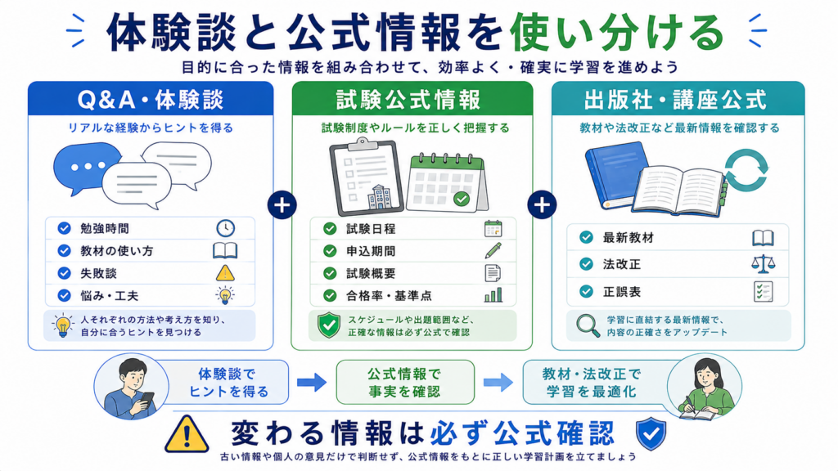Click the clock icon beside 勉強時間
(226, 228)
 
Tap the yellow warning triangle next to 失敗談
(225, 273)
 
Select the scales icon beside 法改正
(763, 264)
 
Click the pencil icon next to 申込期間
(493, 250)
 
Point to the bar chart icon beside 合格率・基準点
(493, 294)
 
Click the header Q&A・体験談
(151, 100)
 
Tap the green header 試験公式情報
(409, 100)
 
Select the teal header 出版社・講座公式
(675, 100)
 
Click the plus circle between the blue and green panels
(282, 204)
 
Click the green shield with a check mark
(329, 325)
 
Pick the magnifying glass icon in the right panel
(588, 325)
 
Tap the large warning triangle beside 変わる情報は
(187, 434)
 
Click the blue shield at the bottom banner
(651, 434)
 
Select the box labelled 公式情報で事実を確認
(405, 382)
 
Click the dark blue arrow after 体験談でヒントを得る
(312, 382)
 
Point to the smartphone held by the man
(146, 399)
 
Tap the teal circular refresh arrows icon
(746, 170)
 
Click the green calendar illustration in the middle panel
(447, 183)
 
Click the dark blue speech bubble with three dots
(87, 167)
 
